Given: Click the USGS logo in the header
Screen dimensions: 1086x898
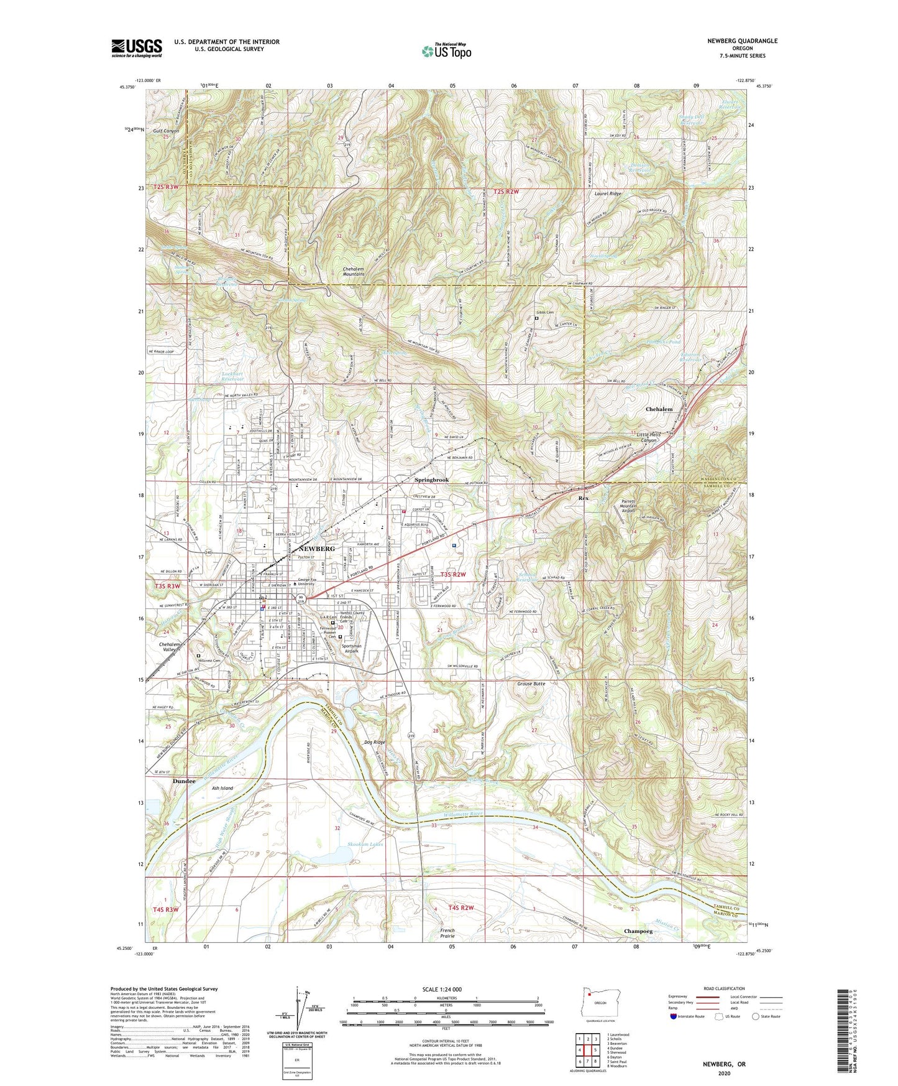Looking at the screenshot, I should tap(137, 48).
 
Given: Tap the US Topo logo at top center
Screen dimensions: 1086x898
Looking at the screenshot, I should tap(446, 51).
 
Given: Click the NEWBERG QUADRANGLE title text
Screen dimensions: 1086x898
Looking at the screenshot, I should tap(742, 41).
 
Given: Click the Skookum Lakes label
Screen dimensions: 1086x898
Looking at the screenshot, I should tap(365, 844).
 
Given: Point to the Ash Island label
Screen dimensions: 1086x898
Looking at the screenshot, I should tap(222, 788).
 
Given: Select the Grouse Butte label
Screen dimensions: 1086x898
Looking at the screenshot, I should tap(531, 684).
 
